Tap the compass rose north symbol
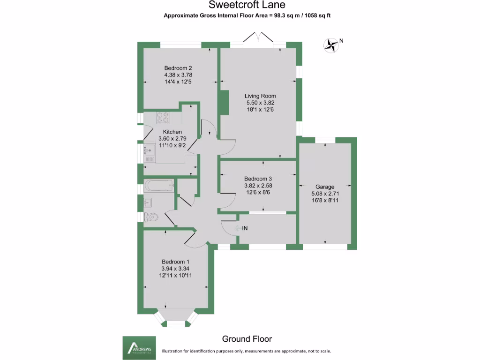pos(332,45)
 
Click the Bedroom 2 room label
pos(178,67)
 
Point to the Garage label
pos(325,187)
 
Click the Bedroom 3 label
pos(258,179)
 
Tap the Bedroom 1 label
pos(176,262)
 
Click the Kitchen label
pos(172,132)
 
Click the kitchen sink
pos(150,151)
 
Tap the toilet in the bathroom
pos(151,217)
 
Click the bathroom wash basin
pos(148,203)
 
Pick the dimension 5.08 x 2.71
pos(325,193)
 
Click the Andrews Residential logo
pos(139,347)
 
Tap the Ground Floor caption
pos(247,339)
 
